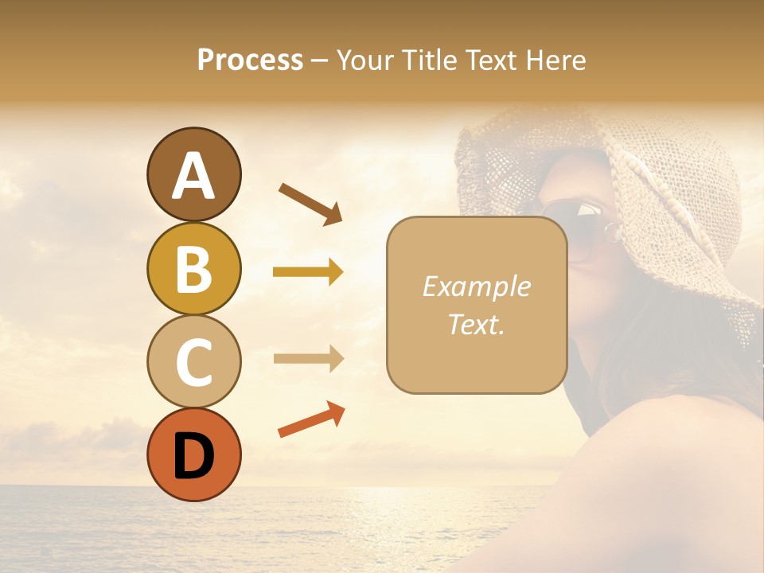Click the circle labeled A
click(x=193, y=175)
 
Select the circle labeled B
click(x=193, y=268)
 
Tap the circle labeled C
click(x=193, y=361)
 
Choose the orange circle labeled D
click(x=193, y=454)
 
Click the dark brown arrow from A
click(x=310, y=203)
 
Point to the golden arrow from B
click(x=307, y=272)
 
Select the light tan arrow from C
click(x=307, y=358)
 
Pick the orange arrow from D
click(x=310, y=420)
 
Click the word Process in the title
click(x=250, y=60)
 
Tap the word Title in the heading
click(x=430, y=60)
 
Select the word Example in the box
click(x=476, y=286)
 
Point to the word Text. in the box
click(x=476, y=324)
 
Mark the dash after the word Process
click(x=320, y=60)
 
